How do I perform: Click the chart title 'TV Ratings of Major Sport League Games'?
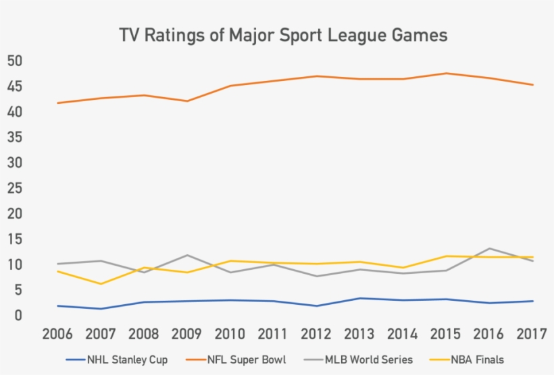tap(283, 35)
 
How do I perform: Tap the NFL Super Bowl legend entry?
tap(241, 359)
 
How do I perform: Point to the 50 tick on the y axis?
tap(15, 61)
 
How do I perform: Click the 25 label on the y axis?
tap(15, 188)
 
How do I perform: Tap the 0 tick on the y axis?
tap(18, 316)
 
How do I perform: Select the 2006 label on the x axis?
tap(57, 335)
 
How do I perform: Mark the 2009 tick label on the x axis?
tap(187, 335)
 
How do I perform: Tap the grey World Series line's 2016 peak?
tap(490, 248)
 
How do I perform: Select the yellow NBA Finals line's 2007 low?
tap(101, 284)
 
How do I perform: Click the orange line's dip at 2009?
tap(187, 101)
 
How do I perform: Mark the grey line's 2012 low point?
tap(317, 276)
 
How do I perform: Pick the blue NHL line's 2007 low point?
tap(101, 309)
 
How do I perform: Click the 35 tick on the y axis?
tap(15, 138)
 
